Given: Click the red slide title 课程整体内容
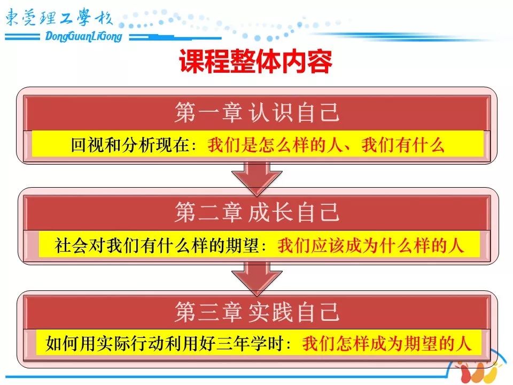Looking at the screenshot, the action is [256, 61].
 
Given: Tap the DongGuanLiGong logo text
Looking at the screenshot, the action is [83, 36].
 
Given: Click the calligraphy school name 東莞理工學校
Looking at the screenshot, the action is [59, 18].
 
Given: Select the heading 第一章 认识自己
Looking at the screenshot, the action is [257, 112].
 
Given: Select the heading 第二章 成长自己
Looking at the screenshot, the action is [257, 212].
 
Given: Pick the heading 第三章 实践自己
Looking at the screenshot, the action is [257, 312].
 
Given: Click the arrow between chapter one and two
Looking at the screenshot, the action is [257, 179].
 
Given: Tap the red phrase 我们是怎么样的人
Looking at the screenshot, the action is [275, 145].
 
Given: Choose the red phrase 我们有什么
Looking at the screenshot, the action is [403, 145].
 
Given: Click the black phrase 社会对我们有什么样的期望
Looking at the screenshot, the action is [157, 245].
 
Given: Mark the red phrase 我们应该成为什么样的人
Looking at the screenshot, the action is [371, 245].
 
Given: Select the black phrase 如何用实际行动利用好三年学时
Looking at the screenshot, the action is [165, 343].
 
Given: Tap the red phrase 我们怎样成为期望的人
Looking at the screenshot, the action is [386, 343].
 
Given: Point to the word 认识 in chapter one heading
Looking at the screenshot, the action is [270, 112].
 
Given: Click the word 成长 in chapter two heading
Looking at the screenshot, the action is [270, 212].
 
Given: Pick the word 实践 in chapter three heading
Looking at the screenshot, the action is [270, 312].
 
